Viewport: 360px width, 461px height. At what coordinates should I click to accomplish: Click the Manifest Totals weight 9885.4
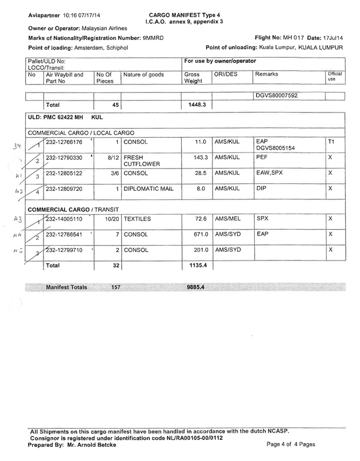(195, 287)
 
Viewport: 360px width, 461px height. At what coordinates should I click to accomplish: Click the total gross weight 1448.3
(195, 105)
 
